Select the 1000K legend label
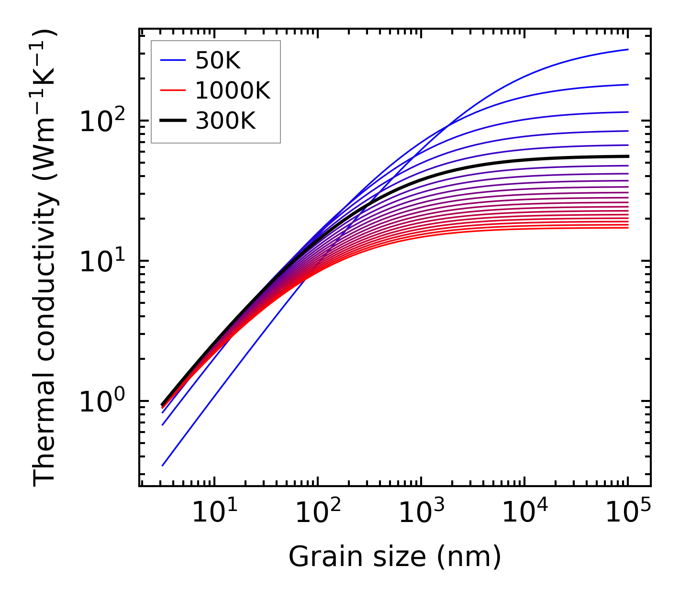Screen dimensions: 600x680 tap(233, 90)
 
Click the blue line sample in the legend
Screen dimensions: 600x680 tap(173, 60)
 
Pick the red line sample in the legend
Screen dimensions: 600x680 tap(173, 90)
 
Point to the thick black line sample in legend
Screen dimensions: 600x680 tap(173, 121)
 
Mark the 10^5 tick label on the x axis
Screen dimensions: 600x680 tap(627, 513)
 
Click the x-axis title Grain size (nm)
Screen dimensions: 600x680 tap(395, 557)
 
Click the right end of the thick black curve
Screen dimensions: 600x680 tap(627, 156)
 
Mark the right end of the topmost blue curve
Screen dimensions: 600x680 tap(627, 49)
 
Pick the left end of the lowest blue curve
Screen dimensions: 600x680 tap(163, 465)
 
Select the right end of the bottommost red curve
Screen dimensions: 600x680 tap(627, 227)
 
